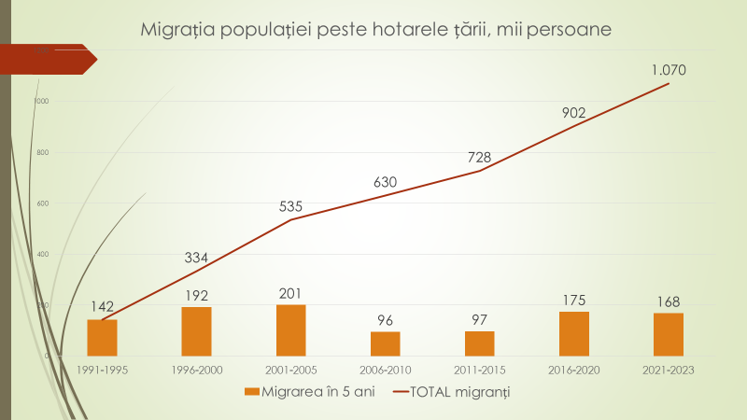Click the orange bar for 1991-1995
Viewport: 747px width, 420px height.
click(102, 338)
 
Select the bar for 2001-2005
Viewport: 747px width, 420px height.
click(290, 330)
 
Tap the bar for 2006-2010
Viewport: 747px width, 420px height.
click(385, 343)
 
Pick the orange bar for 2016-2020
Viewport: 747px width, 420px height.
click(573, 333)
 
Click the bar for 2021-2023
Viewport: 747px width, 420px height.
click(668, 334)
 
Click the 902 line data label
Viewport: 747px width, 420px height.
click(573, 113)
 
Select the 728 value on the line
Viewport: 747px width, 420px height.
click(479, 157)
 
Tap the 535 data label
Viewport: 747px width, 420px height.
click(290, 205)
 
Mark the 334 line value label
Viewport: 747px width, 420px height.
click(196, 258)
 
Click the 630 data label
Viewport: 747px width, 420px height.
click(385, 182)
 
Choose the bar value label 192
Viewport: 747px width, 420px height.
click(196, 294)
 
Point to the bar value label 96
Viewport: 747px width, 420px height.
click(385, 319)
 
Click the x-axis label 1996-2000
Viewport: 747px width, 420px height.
click(196, 370)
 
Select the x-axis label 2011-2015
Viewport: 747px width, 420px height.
click(479, 370)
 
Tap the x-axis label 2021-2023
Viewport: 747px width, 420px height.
click(668, 370)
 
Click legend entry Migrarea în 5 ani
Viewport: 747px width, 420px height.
click(307, 392)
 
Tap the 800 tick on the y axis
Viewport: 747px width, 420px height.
click(41, 153)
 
